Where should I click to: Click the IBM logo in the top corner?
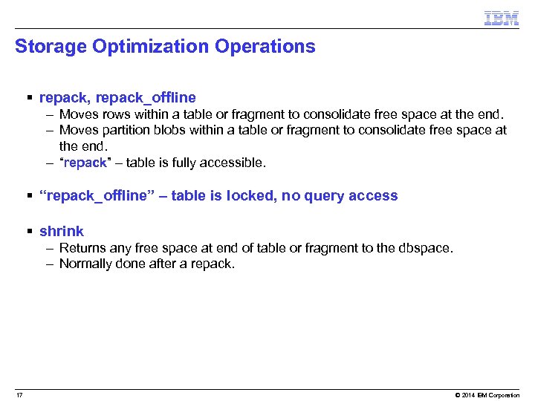point(501,19)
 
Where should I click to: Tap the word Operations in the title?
point(265,47)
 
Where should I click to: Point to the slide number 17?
point(19,394)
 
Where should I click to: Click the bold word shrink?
point(62,231)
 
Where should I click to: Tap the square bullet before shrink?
point(30,232)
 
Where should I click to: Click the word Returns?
point(82,248)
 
